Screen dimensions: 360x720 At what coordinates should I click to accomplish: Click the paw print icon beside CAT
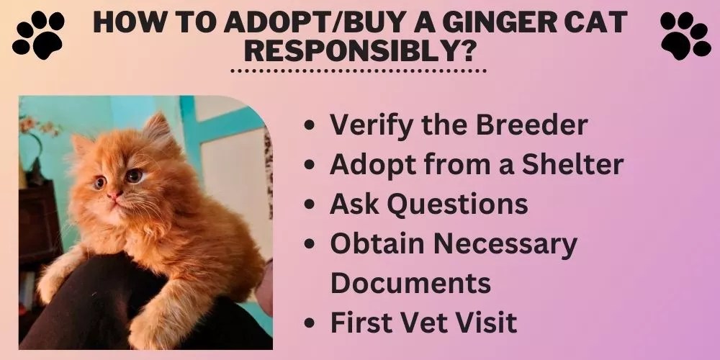coord(685,34)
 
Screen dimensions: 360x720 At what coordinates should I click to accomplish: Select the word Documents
coord(410,283)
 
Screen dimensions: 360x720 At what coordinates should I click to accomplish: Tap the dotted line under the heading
coord(358,71)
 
